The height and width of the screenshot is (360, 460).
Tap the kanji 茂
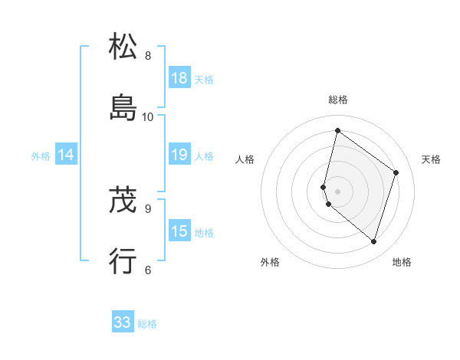123,201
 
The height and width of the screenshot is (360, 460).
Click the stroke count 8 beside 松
148,56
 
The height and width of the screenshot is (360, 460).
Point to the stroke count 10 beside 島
148,116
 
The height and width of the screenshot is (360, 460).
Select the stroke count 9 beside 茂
148,208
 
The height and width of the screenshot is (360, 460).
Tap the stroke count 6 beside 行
148,269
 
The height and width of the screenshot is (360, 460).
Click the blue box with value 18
179,78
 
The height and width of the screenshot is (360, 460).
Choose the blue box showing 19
179,155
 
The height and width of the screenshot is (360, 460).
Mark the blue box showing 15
179,231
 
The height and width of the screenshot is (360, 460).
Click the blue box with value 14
66,155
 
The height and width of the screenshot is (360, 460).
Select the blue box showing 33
123,322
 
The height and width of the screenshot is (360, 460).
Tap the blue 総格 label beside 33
147,324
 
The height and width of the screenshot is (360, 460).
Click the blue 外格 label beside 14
41,156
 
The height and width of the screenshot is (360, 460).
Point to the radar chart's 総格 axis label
337,100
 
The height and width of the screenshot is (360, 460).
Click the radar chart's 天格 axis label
431,159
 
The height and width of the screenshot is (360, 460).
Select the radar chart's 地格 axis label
402,262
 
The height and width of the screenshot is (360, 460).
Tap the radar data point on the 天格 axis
396,172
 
